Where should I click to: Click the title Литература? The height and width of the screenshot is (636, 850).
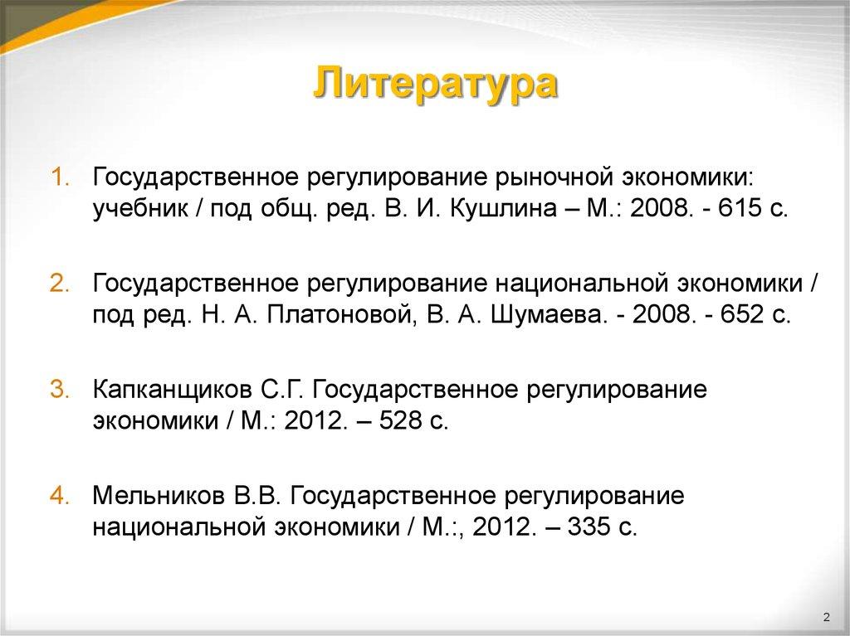click(x=435, y=86)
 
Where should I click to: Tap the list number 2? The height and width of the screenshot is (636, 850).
click(x=61, y=284)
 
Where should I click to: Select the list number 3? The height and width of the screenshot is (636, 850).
click(x=61, y=390)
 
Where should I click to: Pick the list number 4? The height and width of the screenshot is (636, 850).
click(x=61, y=496)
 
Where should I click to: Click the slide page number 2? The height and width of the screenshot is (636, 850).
click(x=826, y=617)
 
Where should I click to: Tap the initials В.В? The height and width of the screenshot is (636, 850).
click(x=257, y=496)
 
